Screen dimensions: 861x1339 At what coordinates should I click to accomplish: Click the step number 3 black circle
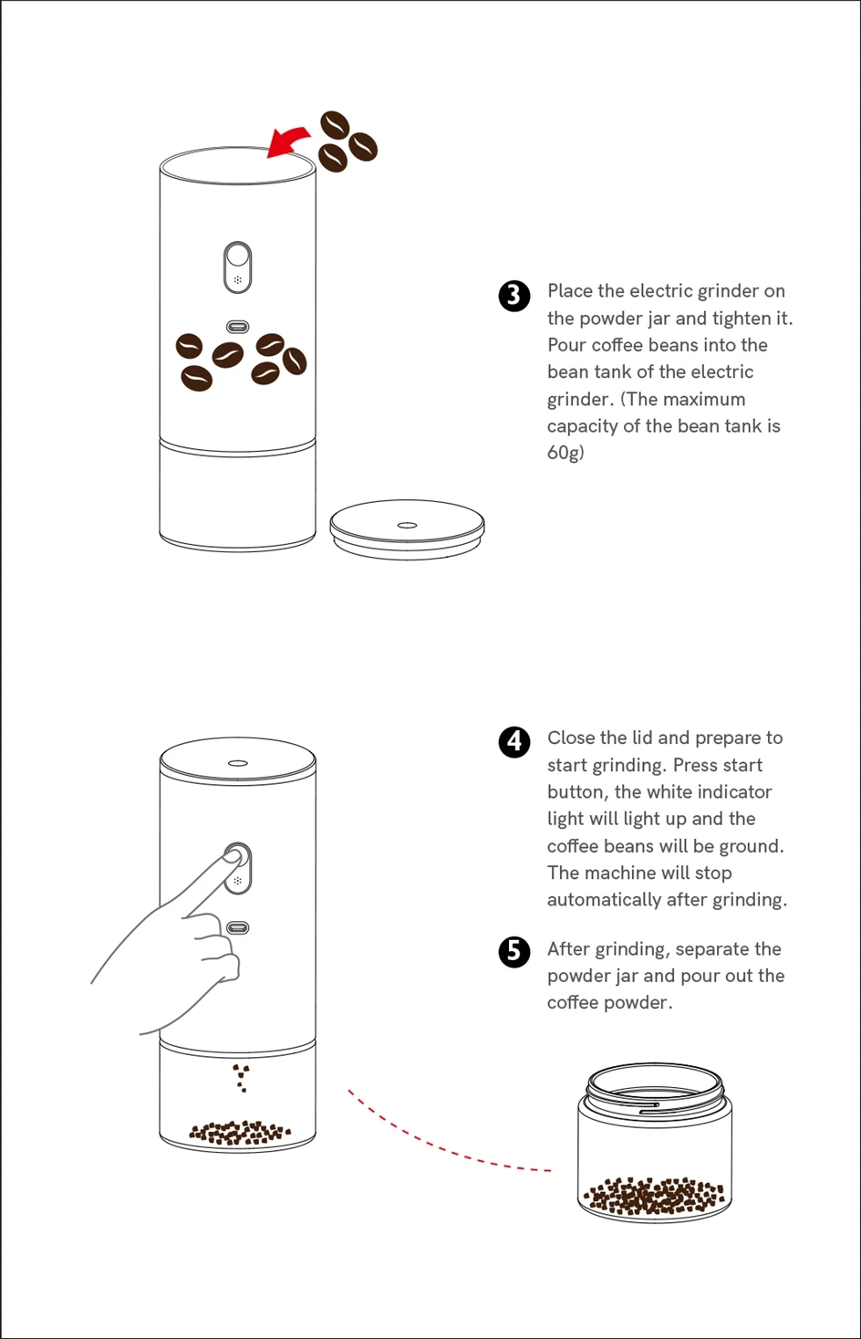[x=513, y=296]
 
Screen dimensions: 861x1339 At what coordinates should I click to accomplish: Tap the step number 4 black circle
[x=513, y=742]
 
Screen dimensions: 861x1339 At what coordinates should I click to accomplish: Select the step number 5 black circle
[x=513, y=951]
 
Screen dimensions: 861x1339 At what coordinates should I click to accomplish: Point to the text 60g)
[x=565, y=453]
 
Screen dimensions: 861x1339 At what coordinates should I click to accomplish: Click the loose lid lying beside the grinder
[x=407, y=529]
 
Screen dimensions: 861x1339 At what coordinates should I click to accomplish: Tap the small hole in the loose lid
[x=407, y=526]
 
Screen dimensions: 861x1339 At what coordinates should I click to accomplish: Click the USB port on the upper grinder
[x=237, y=327]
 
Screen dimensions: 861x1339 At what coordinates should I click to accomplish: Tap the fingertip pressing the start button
[x=232, y=858]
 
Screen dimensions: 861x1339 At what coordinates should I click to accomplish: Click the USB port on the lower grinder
[x=237, y=927]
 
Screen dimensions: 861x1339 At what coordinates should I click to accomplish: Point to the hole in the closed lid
[x=238, y=763]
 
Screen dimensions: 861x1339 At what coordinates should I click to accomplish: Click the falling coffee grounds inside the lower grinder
[x=242, y=1078]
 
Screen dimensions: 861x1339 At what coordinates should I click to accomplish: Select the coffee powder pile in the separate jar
[x=654, y=1196]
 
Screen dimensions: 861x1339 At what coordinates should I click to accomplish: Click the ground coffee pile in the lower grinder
[x=240, y=1133]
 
